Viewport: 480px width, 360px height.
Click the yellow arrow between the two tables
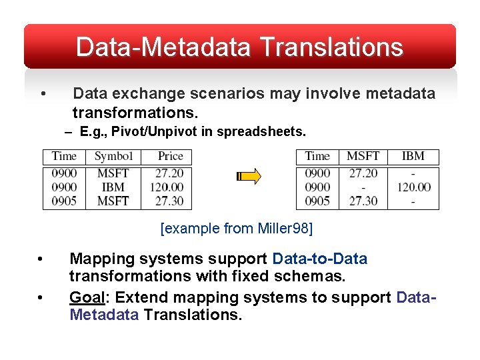[x=249, y=177]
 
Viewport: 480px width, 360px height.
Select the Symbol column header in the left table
[x=113, y=156]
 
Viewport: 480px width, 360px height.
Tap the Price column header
[x=170, y=156]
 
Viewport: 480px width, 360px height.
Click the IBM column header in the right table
[x=413, y=156]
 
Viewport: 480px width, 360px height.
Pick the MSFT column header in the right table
[x=363, y=156]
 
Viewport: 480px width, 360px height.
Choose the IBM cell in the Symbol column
[x=113, y=187]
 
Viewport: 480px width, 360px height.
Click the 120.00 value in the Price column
[x=167, y=187]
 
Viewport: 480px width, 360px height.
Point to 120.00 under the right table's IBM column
[x=414, y=187]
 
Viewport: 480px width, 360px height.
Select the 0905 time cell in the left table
[x=64, y=201]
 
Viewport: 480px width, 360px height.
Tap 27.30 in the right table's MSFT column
[x=363, y=201]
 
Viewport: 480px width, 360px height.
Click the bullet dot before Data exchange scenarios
[x=43, y=93]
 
